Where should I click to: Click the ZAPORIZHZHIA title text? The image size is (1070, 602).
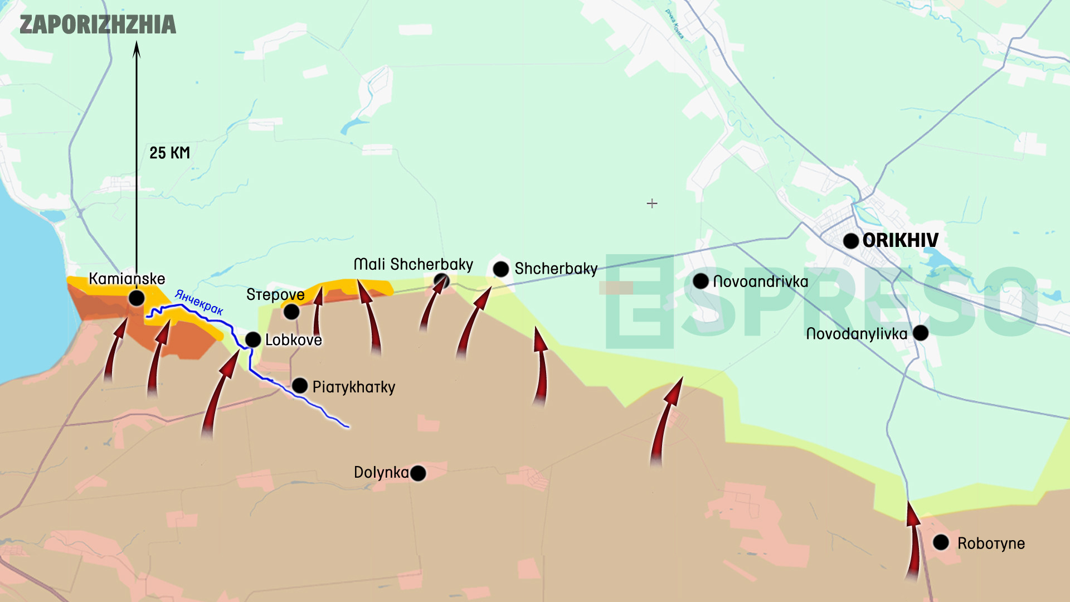click(x=98, y=25)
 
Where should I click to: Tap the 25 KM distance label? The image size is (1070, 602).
click(x=169, y=153)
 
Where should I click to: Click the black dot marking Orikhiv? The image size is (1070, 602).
click(x=850, y=241)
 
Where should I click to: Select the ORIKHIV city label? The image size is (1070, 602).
click(x=900, y=240)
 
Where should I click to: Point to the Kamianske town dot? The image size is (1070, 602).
click(x=137, y=298)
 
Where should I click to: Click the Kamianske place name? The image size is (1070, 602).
click(x=127, y=279)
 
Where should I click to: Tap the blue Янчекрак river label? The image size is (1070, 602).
click(x=199, y=302)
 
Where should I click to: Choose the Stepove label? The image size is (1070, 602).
click(x=275, y=294)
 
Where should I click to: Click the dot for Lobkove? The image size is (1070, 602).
click(x=253, y=339)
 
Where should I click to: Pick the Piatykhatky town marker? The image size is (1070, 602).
click(x=300, y=385)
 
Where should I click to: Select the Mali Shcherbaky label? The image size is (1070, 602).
click(x=413, y=264)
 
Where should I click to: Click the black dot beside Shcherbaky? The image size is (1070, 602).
click(x=501, y=269)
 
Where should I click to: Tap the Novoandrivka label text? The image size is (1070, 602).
click(x=760, y=281)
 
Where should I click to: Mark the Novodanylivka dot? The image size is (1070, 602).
click(x=921, y=333)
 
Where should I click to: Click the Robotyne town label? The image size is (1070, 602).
click(x=991, y=543)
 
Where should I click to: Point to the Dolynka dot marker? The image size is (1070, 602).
click(x=418, y=473)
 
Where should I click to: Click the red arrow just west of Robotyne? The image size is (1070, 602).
click(x=913, y=541)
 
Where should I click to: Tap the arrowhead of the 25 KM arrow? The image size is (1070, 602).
click(x=137, y=50)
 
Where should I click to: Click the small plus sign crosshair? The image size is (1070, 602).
click(x=652, y=203)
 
